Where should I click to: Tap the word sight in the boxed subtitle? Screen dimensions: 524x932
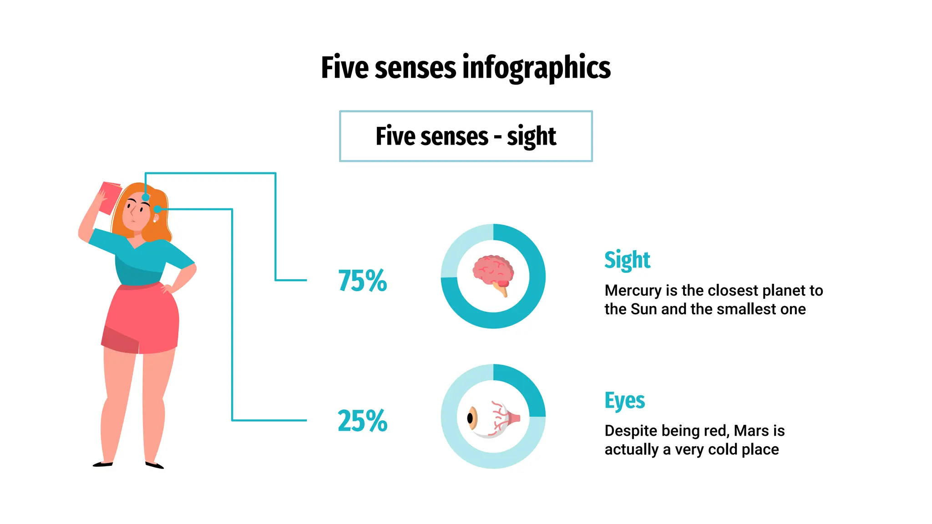532,136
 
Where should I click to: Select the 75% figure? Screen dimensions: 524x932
362,280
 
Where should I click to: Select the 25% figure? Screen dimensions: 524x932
362,421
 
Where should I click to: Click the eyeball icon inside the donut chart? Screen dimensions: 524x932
493,419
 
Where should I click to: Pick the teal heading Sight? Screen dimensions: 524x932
627,260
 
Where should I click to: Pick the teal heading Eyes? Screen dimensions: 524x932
624,401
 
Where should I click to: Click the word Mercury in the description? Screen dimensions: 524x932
633,291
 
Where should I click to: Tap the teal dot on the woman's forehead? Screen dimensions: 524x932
146,197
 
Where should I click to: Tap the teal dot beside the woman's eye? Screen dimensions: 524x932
157,209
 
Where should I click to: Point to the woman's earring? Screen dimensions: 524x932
155,221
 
